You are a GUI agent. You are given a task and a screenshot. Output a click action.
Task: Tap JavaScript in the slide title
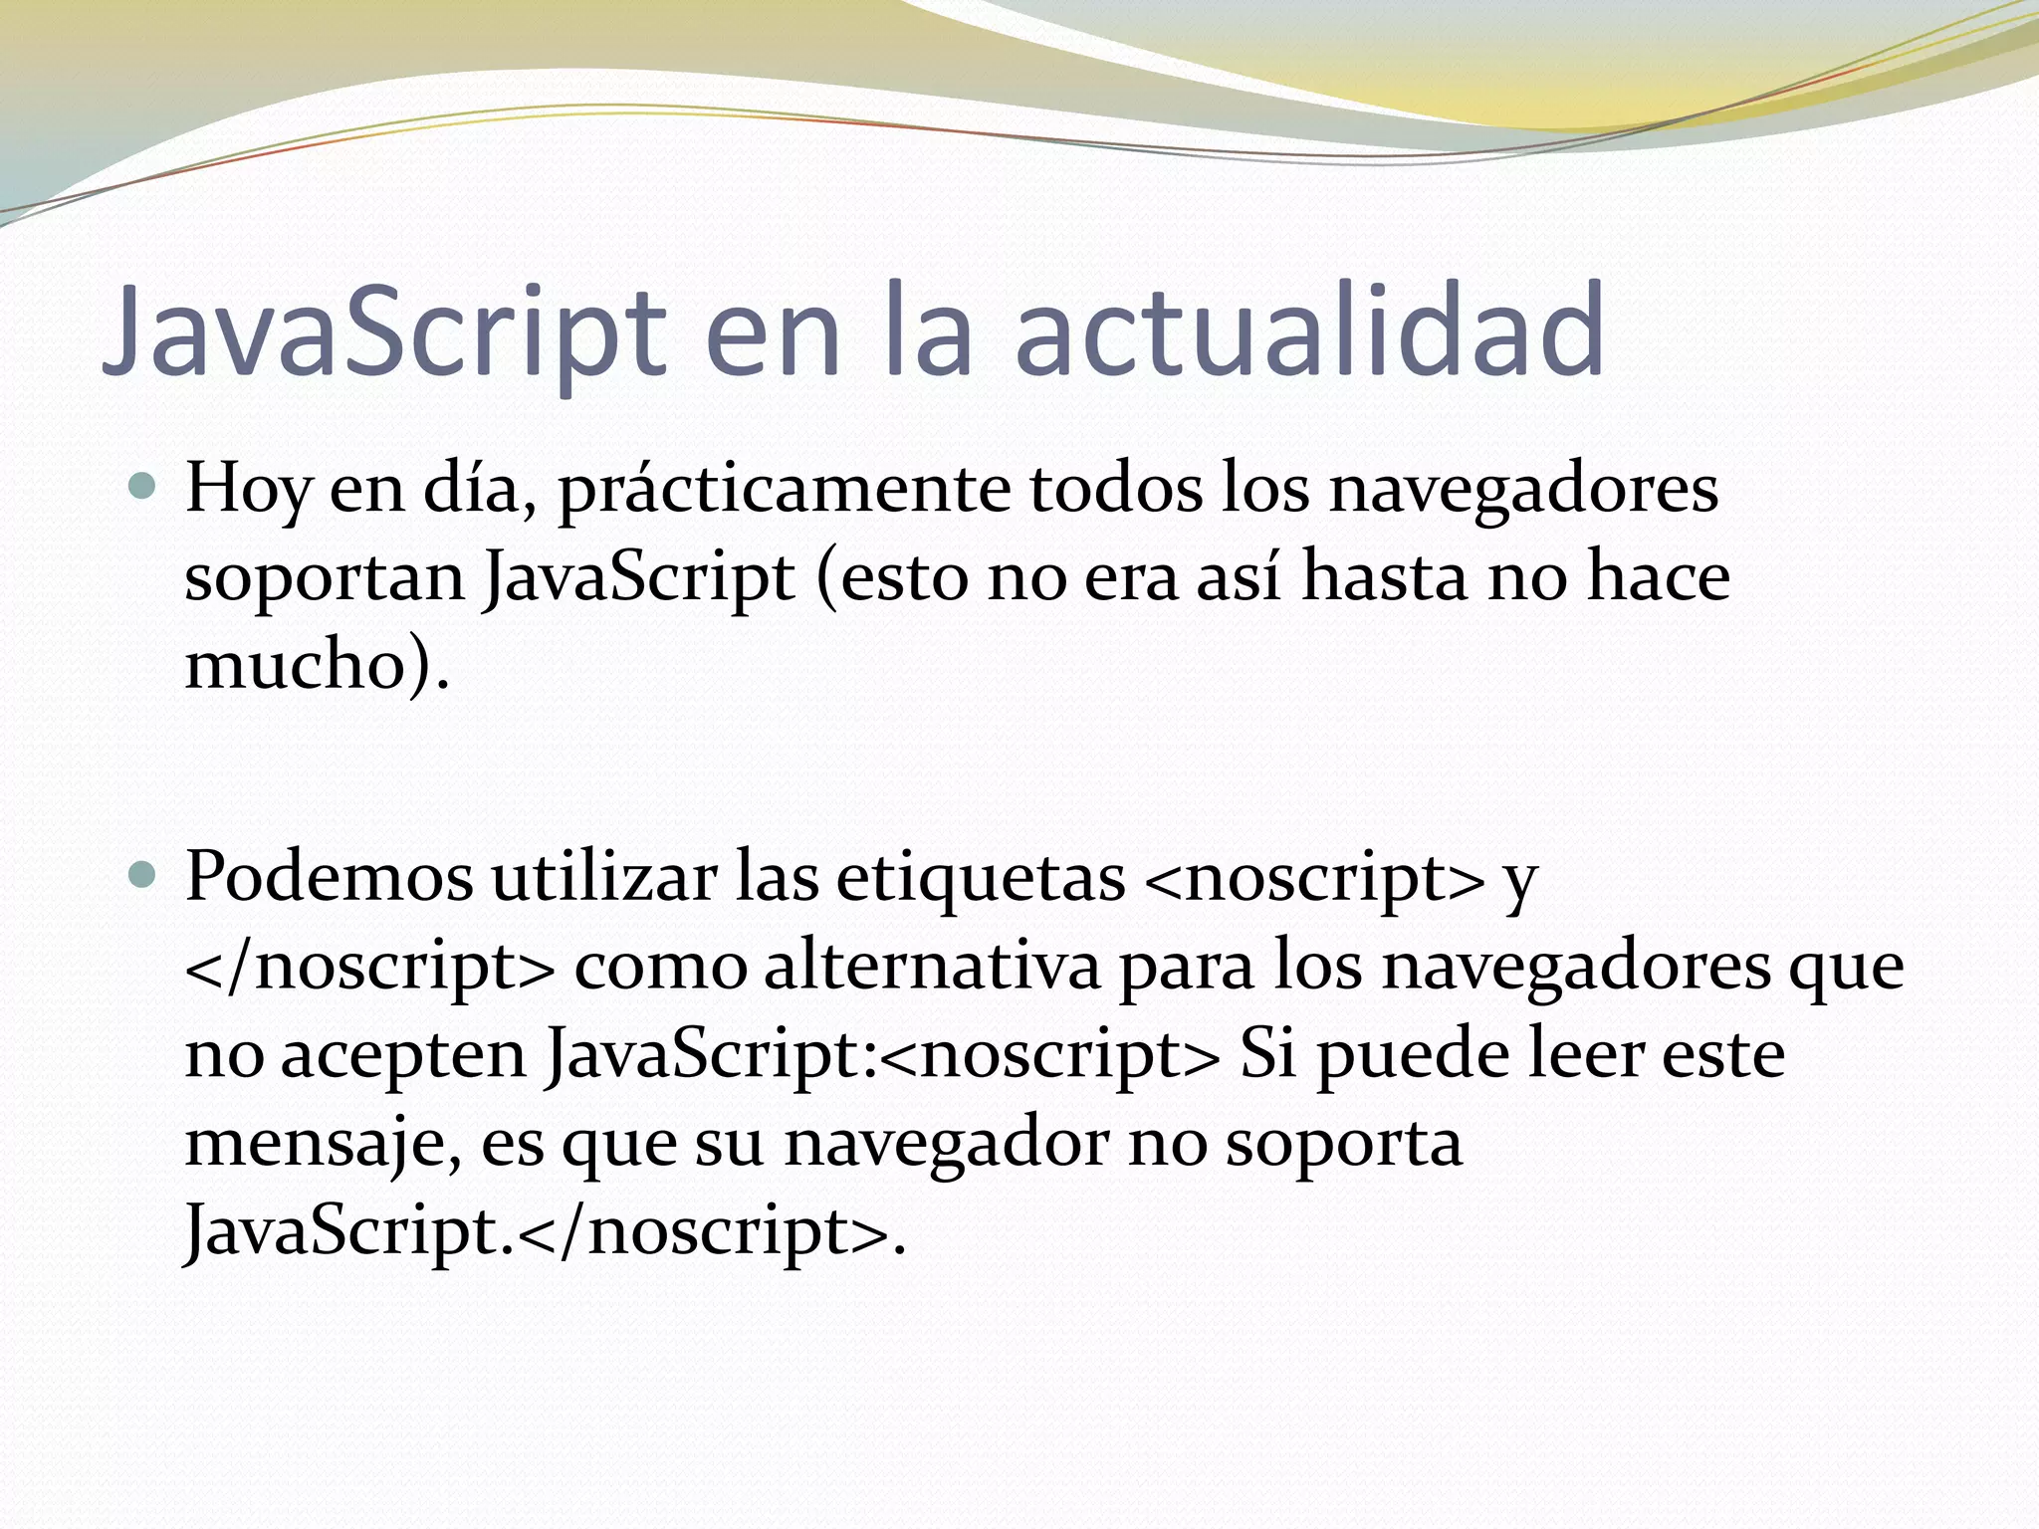383,332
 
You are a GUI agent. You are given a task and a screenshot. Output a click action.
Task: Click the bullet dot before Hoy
143,487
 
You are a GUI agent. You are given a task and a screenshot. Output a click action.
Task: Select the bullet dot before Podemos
143,875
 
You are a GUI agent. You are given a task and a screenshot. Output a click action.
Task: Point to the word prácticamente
783,490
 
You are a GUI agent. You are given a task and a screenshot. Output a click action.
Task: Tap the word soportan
325,578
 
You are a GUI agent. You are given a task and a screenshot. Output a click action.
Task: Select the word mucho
294,664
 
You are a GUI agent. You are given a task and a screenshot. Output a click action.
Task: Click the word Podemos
329,877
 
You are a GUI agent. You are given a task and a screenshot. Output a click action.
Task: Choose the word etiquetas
980,877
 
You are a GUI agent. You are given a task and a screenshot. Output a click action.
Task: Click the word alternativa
932,966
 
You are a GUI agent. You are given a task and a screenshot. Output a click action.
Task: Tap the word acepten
402,1055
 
